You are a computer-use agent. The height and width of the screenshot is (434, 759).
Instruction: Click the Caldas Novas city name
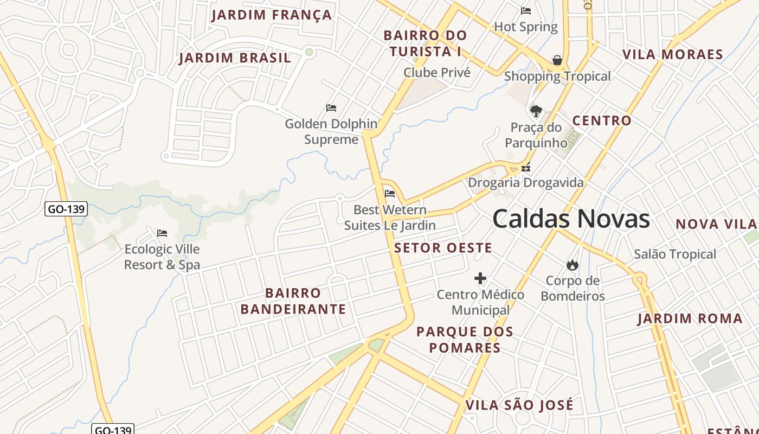(571, 219)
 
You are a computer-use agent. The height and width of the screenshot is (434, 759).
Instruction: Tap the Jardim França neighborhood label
(272, 15)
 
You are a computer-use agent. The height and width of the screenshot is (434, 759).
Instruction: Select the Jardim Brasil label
(235, 58)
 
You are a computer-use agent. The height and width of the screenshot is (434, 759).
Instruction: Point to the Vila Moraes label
(673, 55)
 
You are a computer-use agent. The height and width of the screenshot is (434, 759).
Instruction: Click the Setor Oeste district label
(443, 248)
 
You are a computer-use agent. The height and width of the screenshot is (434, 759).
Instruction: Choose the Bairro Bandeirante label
(293, 301)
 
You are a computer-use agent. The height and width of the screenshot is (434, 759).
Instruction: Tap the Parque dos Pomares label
(465, 340)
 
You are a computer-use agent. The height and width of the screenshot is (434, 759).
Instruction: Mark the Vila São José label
(519, 405)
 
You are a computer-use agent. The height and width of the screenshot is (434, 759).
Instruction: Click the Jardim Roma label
(690, 318)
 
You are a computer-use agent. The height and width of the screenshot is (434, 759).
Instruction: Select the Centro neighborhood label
(602, 120)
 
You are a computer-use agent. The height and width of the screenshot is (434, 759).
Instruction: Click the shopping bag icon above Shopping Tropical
(557, 60)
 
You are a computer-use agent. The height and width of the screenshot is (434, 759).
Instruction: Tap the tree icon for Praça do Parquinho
(536, 111)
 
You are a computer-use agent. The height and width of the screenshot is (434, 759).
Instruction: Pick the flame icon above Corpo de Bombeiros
(572, 265)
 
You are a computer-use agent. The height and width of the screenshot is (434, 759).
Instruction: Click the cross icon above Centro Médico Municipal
(480, 279)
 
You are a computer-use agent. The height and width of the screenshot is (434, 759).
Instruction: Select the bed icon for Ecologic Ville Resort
(162, 233)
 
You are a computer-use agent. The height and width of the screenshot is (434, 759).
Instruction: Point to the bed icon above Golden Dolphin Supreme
(331, 108)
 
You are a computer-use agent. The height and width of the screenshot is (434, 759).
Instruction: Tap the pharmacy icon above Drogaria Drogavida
(525, 168)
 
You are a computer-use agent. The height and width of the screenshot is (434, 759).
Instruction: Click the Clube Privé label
(437, 73)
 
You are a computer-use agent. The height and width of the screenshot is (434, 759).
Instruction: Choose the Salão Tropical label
(675, 254)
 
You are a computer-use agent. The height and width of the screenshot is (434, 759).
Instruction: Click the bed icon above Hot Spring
(525, 10)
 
